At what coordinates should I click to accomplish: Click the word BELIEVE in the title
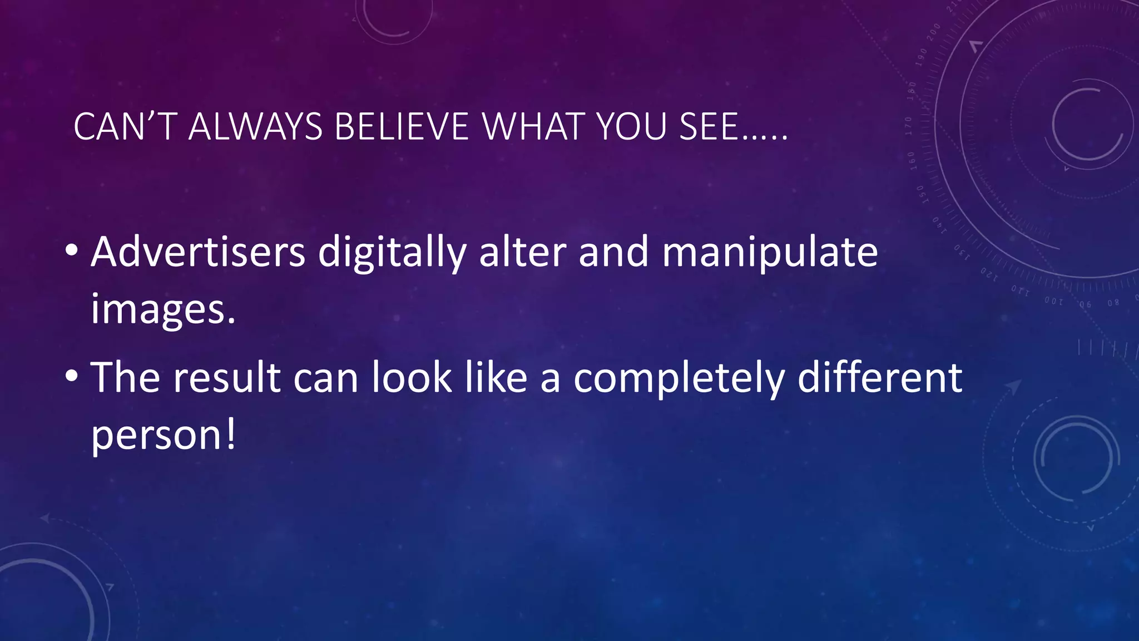(x=402, y=127)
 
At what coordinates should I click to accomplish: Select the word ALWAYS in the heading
(x=256, y=127)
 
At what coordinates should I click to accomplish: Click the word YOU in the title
(x=632, y=127)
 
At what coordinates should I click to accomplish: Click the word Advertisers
(x=198, y=252)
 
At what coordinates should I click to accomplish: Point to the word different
(x=880, y=378)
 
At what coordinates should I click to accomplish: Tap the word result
(x=227, y=378)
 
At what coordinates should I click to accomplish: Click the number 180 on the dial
(x=912, y=90)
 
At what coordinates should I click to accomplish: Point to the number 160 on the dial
(x=912, y=159)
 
